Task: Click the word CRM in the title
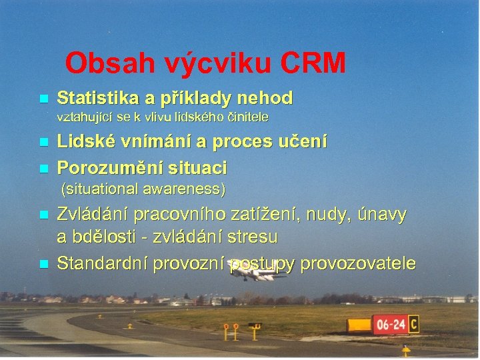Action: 314,63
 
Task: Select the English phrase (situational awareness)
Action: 143,189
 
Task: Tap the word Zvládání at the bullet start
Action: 93,215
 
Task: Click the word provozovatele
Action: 358,264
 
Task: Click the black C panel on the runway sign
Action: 414,324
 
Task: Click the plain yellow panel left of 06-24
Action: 359,325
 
